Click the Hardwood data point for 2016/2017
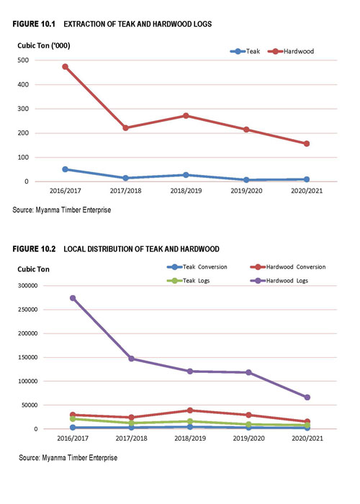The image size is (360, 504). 66,67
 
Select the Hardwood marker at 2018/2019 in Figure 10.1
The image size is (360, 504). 186,116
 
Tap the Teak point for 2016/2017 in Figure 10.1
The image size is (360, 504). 66,169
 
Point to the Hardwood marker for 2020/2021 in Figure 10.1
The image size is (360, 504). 307,144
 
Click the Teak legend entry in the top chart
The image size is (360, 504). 245,51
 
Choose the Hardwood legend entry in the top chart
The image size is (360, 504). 291,51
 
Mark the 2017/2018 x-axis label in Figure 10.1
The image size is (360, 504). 126,191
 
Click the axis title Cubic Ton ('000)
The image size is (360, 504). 44,45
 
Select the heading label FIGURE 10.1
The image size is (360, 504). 34,24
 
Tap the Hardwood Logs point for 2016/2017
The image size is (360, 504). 73,298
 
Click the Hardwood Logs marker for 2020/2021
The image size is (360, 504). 307,397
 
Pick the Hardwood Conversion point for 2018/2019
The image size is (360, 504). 190,410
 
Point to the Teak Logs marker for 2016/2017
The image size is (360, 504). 73,419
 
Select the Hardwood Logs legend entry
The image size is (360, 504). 279,281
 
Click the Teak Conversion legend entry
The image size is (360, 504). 197,267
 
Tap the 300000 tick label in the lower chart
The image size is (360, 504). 28,286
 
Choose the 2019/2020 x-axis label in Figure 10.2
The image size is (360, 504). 249,438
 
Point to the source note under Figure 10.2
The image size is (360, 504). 68,458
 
